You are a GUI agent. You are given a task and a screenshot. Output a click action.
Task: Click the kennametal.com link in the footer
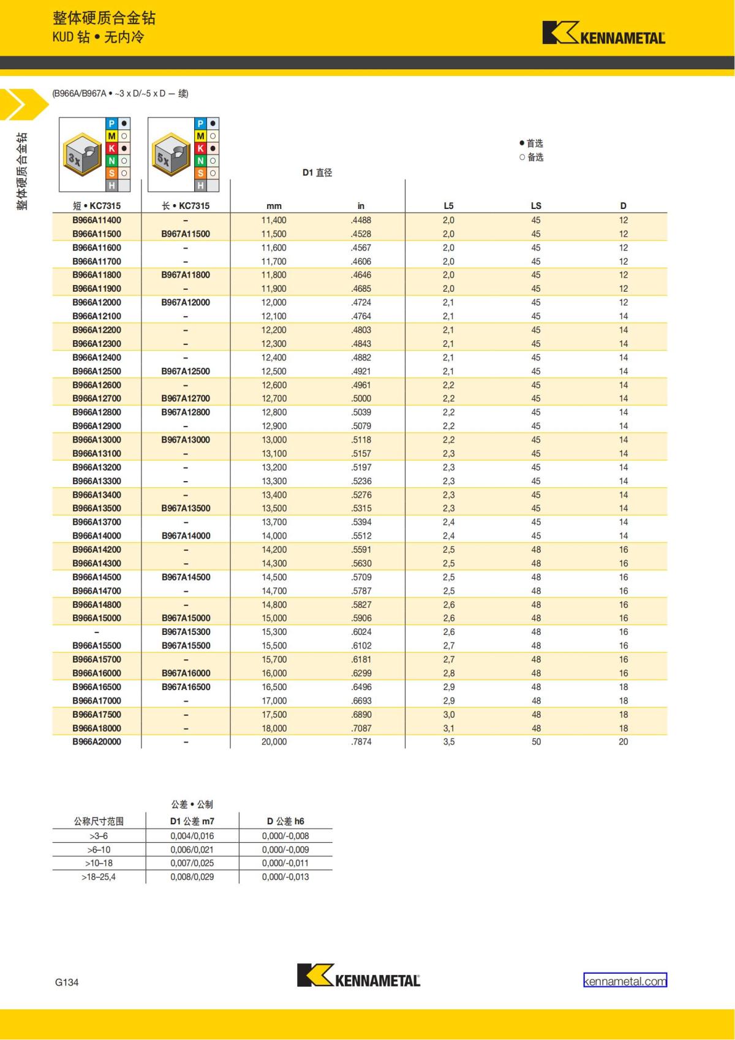[625, 981]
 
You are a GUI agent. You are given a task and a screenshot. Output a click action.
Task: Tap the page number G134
[67, 982]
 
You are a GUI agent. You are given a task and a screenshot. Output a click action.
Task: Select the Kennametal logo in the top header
[603, 34]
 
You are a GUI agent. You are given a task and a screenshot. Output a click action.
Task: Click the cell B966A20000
[97, 742]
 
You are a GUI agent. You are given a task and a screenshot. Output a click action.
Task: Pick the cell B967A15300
[186, 632]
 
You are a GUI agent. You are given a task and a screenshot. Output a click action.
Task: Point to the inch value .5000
[361, 398]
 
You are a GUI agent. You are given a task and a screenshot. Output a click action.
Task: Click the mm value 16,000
[274, 673]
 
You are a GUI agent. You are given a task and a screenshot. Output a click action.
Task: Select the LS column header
[536, 206]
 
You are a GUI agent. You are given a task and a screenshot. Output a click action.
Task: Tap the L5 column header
[448, 206]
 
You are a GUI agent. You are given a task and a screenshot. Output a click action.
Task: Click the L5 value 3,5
[448, 742]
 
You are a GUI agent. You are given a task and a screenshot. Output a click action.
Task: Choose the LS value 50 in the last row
[536, 742]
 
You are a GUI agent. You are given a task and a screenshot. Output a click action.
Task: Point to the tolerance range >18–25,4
[99, 877]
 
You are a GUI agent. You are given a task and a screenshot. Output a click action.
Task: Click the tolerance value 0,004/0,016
[192, 836]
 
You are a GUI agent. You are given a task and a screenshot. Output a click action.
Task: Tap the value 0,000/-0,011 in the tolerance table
[285, 863]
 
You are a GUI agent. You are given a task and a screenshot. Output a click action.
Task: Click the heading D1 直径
[317, 173]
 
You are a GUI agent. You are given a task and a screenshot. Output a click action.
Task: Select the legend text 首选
[535, 143]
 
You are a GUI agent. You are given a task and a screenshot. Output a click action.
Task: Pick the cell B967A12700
[186, 398]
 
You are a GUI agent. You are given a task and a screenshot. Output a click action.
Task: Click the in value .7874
[361, 742]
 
